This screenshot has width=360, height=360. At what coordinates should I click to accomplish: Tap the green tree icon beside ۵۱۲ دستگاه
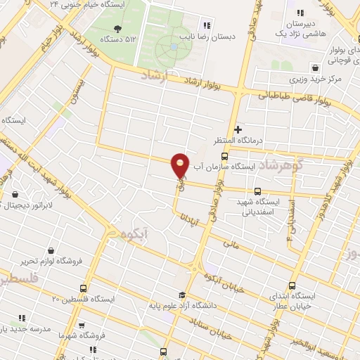(117, 28)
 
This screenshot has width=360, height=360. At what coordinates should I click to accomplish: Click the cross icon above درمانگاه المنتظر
(238, 129)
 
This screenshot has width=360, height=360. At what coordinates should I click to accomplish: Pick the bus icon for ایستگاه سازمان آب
(224, 156)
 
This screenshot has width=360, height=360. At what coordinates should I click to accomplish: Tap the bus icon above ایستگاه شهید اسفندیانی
(257, 191)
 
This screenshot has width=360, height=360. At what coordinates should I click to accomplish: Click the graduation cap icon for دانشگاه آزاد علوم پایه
(181, 295)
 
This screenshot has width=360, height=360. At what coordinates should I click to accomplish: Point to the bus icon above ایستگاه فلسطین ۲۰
(84, 288)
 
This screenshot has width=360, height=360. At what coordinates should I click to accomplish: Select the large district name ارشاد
(153, 76)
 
